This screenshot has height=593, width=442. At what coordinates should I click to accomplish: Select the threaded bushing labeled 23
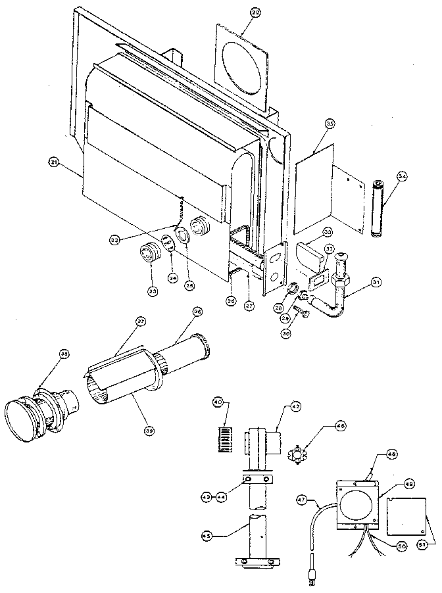point(151,253)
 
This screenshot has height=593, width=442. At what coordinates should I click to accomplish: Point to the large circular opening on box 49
point(355,506)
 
